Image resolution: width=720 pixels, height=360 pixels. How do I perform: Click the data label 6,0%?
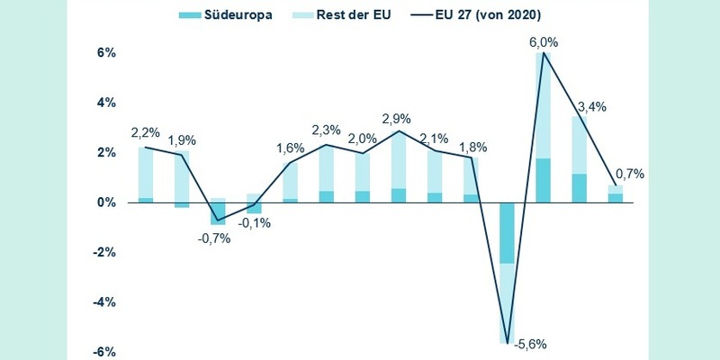pos(544,40)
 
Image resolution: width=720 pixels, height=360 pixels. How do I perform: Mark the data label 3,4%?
pos(591,105)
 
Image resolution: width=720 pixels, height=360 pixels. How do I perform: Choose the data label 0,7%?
pos(629,174)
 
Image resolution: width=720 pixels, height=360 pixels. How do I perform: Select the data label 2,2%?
pos(146,133)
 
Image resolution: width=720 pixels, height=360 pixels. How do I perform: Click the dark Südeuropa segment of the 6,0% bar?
pos(544,180)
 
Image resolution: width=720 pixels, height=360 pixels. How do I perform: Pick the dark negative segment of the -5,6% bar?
pos(508,233)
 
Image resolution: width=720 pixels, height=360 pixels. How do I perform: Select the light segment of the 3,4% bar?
pos(580,145)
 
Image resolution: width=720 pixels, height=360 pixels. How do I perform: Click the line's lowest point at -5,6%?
pos(508,343)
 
